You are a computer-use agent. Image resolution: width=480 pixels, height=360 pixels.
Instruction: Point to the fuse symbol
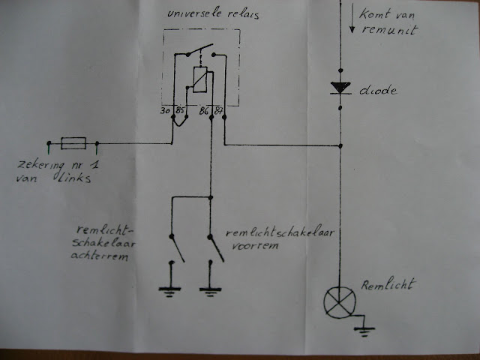coord(75,142)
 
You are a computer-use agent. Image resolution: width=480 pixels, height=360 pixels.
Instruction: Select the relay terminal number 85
coord(180,111)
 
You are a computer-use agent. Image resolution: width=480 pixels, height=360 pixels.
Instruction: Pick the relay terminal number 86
coord(203,111)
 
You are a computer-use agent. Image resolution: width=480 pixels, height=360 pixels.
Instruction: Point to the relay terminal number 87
coord(218,111)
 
